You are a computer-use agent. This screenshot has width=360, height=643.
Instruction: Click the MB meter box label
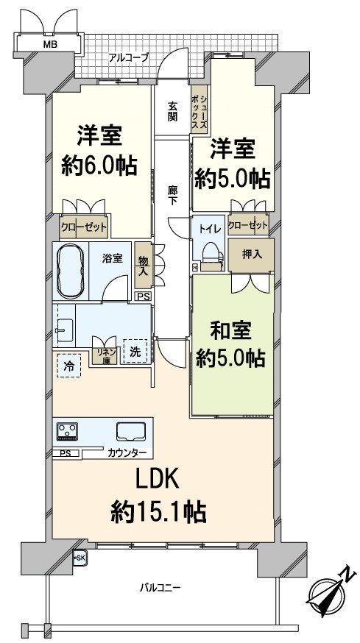(x=49, y=44)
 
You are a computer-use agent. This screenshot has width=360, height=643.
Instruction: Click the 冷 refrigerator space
(x=68, y=365)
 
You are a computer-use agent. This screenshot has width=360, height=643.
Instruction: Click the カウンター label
(x=127, y=452)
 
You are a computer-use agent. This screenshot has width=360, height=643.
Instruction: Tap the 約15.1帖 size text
(x=158, y=511)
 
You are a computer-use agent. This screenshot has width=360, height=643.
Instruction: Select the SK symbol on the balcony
(x=79, y=558)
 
